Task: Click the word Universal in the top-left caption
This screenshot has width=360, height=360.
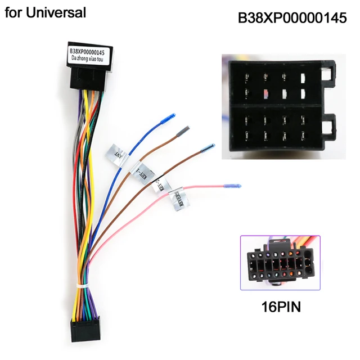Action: tap(58, 12)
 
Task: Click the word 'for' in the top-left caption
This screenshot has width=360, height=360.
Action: tap(15, 12)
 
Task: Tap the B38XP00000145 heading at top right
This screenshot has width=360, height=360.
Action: tap(292, 17)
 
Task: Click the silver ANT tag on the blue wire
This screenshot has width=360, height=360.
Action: tap(116, 151)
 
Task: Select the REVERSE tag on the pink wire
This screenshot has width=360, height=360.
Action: tap(183, 199)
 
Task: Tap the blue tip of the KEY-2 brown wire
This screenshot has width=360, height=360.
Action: tap(208, 147)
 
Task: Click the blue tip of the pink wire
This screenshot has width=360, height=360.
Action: tap(231, 186)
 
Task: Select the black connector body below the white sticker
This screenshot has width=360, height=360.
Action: tap(90, 79)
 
